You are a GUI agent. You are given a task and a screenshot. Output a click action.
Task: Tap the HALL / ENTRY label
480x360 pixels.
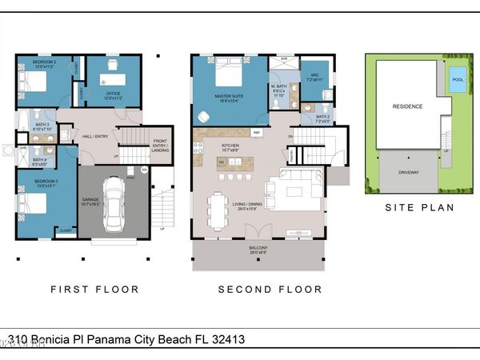coord(96,136)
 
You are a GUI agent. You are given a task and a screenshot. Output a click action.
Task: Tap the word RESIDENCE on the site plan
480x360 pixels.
coord(406,106)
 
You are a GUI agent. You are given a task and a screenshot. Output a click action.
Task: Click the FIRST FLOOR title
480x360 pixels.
coord(94,290)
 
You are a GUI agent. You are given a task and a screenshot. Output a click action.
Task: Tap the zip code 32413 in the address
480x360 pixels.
coord(226,339)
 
